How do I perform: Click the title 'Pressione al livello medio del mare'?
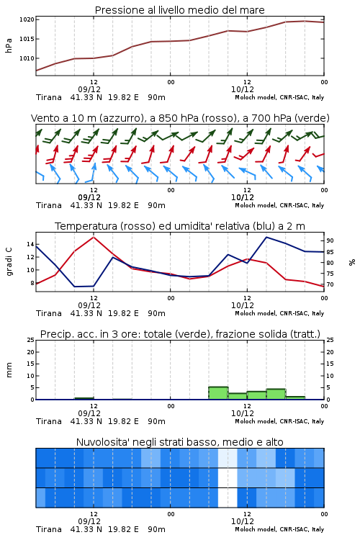(179, 10)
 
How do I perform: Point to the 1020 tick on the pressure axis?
(27, 19)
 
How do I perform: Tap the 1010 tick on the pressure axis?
(27, 58)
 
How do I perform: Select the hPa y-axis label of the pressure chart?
(9, 45)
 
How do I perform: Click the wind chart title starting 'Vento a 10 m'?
(180, 118)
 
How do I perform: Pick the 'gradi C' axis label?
(9, 261)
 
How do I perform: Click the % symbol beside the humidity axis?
(352, 262)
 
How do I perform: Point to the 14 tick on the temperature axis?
(30, 245)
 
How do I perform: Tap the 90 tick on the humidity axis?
(330, 240)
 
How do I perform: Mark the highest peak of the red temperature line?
(94, 237)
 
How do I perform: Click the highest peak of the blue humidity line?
(266, 237)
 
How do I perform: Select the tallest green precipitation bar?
(218, 393)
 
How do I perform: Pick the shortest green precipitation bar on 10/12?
(295, 398)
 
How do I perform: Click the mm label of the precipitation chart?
(9, 370)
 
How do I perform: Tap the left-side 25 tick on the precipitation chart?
(30, 341)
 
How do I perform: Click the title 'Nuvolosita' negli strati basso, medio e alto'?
(179, 442)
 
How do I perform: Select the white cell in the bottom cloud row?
(228, 498)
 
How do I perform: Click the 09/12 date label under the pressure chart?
(89, 89)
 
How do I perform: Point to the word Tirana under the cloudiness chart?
(49, 529)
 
